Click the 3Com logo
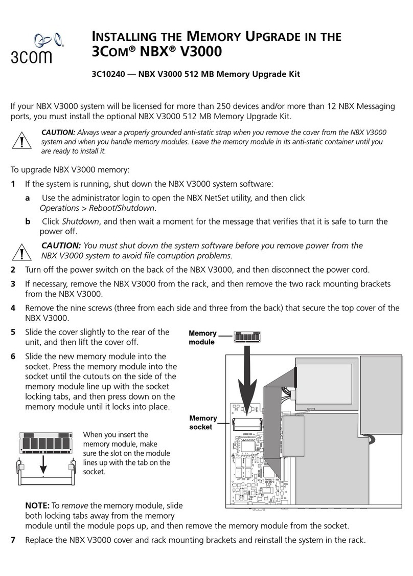click(x=32, y=47)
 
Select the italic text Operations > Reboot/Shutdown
click(x=98, y=208)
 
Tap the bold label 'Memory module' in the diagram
click(x=202, y=338)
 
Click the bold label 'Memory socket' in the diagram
click(x=203, y=423)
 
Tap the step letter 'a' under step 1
click(x=28, y=197)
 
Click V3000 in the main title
click(x=197, y=52)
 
